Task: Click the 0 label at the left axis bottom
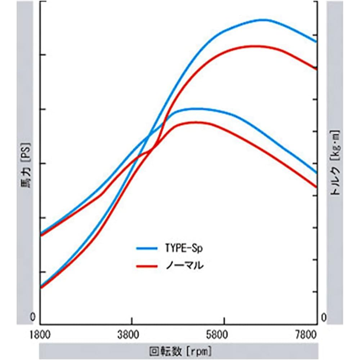coord(33,318)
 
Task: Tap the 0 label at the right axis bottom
coord(324,318)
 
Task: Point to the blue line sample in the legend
coord(147,248)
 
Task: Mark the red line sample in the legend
coord(147,266)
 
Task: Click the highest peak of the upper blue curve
coord(265,20)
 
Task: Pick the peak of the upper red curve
coord(254,46)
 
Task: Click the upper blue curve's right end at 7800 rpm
coord(316,42)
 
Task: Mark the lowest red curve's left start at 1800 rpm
coord(41,288)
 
